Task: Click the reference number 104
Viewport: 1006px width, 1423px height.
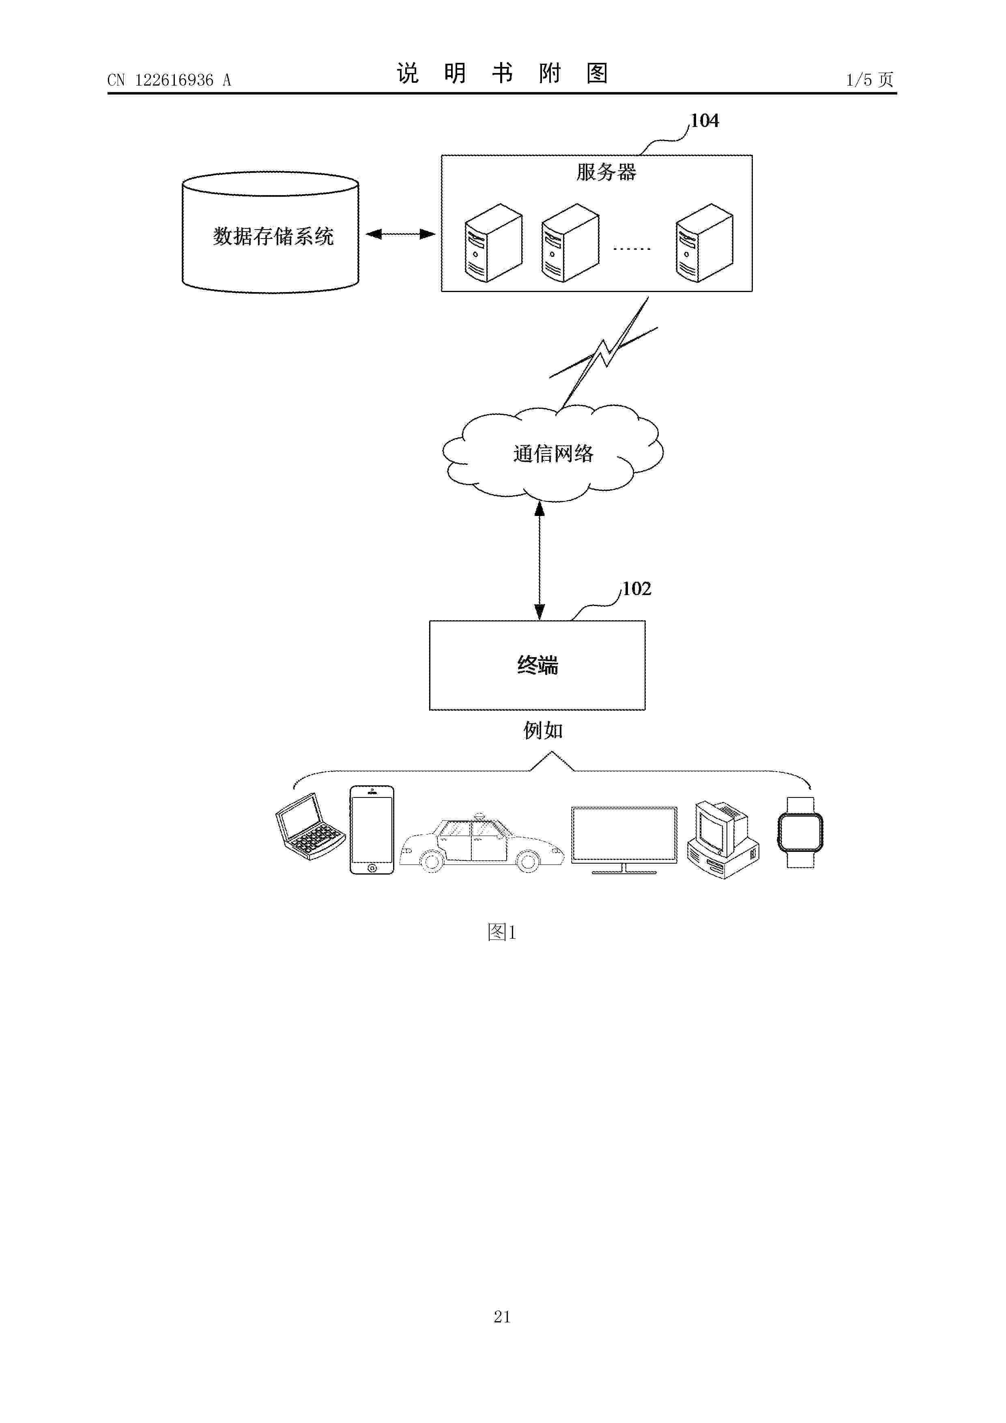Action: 705,121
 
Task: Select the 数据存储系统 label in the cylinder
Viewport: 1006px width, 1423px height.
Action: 273,236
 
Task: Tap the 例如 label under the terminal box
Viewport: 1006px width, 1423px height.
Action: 543,730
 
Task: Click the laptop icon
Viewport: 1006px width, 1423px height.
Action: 310,826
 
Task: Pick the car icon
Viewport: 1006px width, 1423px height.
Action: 482,843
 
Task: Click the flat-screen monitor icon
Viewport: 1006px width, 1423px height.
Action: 624,840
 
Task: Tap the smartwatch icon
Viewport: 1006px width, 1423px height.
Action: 800,832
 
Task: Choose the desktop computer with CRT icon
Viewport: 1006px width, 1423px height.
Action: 723,839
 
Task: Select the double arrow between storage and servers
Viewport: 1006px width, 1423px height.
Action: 400,234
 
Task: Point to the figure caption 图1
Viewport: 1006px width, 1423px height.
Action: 502,931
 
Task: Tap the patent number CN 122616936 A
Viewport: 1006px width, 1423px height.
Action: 169,80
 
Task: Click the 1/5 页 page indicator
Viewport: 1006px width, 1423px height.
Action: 870,80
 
